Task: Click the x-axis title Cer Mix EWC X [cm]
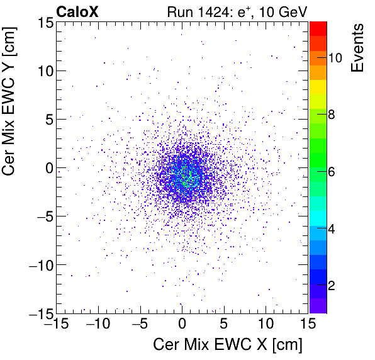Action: tap(228, 345)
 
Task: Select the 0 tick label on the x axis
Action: tap(182, 323)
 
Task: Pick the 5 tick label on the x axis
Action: tap(224, 323)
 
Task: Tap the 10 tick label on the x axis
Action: tap(266, 323)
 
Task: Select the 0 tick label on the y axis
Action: tap(48, 167)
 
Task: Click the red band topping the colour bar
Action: tap(318, 27)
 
